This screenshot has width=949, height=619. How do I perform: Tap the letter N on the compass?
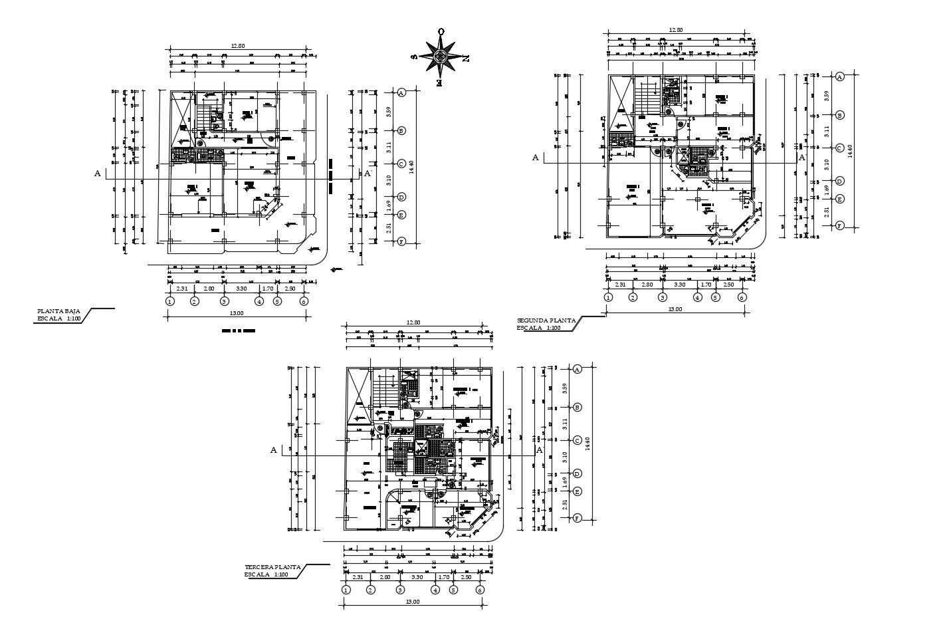click(x=465, y=58)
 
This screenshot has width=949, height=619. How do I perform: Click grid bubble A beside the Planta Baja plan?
click(x=401, y=93)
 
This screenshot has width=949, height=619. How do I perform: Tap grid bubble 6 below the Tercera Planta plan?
click(x=480, y=590)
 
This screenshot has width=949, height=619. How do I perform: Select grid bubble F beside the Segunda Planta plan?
click(x=840, y=225)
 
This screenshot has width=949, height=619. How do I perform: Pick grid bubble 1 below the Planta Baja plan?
click(x=170, y=301)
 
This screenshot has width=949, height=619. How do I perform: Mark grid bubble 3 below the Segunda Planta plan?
click(x=662, y=297)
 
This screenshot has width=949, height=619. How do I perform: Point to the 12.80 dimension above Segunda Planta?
click(x=676, y=30)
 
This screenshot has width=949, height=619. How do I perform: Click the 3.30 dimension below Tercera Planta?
click(x=417, y=577)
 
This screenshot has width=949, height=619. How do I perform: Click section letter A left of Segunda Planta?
click(x=535, y=158)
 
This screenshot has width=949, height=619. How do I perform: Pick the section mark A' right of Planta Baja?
click(x=368, y=174)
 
